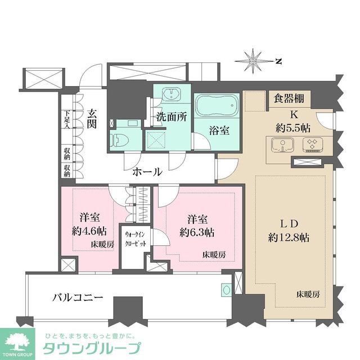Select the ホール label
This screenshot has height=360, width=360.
[147, 172]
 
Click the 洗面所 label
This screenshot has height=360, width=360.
[172, 119]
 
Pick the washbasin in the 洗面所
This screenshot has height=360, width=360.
[169, 94]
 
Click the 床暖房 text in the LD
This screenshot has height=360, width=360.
[308, 294]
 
